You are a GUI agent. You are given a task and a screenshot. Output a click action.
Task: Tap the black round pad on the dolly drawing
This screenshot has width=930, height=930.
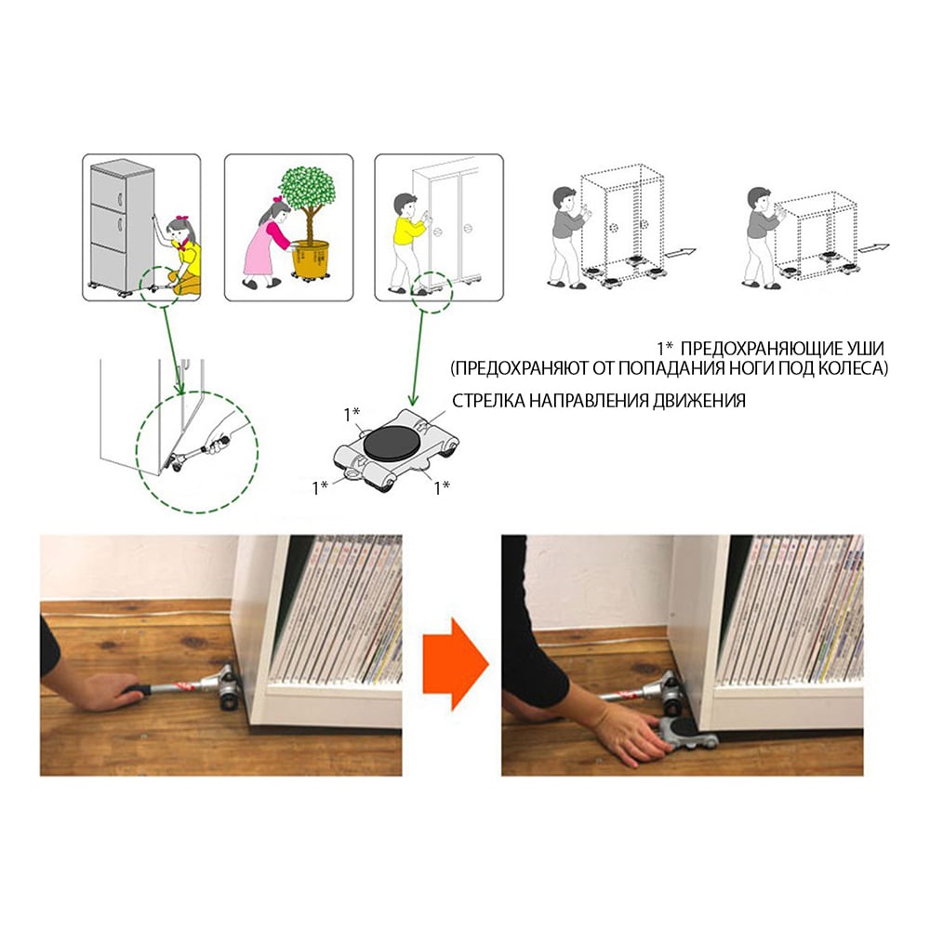coord(391,445)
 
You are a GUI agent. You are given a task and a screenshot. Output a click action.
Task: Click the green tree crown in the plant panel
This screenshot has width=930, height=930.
coord(309,185)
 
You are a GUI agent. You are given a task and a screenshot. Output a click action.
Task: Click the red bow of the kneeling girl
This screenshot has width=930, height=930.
coord(182,219)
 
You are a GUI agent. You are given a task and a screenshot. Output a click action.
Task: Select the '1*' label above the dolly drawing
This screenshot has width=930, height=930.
coord(352,415)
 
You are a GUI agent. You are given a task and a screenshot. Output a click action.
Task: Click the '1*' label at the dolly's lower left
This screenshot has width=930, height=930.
coord(320,488)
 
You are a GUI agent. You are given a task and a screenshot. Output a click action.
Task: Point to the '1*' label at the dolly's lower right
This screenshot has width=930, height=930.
coord(442,487)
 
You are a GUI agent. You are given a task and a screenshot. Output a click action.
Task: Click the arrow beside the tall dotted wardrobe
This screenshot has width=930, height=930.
coord(680,253)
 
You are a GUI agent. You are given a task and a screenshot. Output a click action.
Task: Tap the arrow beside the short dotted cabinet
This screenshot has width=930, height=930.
coord(874,248)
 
